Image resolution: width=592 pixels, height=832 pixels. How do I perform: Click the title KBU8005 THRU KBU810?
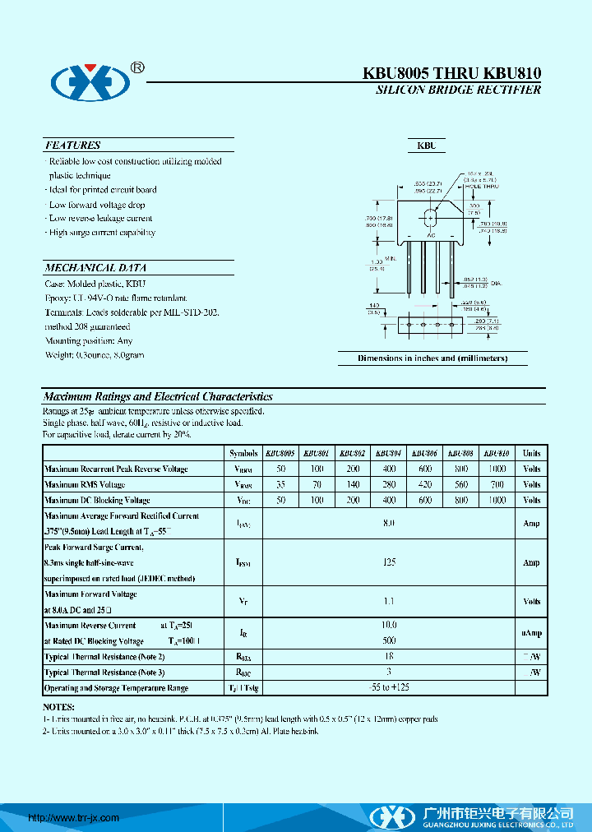[x=452, y=73]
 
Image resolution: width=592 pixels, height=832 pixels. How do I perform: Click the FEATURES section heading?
[x=73, y=146]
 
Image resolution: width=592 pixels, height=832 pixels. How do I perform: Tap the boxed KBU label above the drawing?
[x=426, y=146]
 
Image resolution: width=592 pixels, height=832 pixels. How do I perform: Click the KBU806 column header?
[x=424, y=453]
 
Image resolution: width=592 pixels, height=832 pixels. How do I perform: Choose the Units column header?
[x=531, y=453]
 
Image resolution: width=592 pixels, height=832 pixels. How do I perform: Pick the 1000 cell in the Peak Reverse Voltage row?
[x=497, y=469]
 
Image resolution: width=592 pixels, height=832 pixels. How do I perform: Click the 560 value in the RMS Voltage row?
[x=460, y=484]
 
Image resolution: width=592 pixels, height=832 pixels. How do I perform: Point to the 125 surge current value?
[x=390, y=562]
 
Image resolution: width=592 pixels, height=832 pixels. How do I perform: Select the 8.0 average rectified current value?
[x=390, y=523]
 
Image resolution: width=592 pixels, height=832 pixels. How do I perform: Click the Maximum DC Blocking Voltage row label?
[x=97, y=500]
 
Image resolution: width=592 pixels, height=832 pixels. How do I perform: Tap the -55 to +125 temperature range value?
[x=390, y=687]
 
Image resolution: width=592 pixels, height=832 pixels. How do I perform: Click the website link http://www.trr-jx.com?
[x=74, y=818]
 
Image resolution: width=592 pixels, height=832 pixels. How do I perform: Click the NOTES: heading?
[x=58, y=707]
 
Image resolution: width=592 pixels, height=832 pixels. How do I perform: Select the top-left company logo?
[x=91, y=81]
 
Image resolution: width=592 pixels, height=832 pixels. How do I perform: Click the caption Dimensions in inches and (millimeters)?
[x=432, y=358]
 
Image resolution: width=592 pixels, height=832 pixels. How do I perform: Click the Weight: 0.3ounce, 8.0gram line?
[x=95, y=355]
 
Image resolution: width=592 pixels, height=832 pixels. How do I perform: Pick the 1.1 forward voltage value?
[x=390, y=602]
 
